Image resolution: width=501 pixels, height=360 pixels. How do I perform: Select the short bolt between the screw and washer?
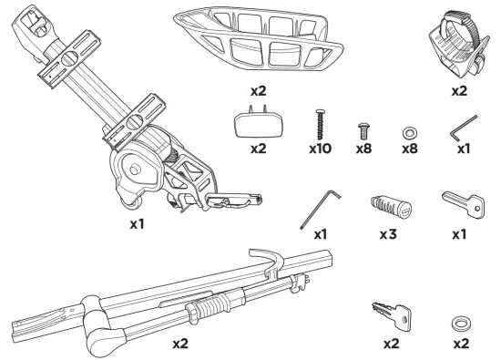point(363,130)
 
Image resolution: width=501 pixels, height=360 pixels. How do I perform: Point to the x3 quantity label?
point(388,234)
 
